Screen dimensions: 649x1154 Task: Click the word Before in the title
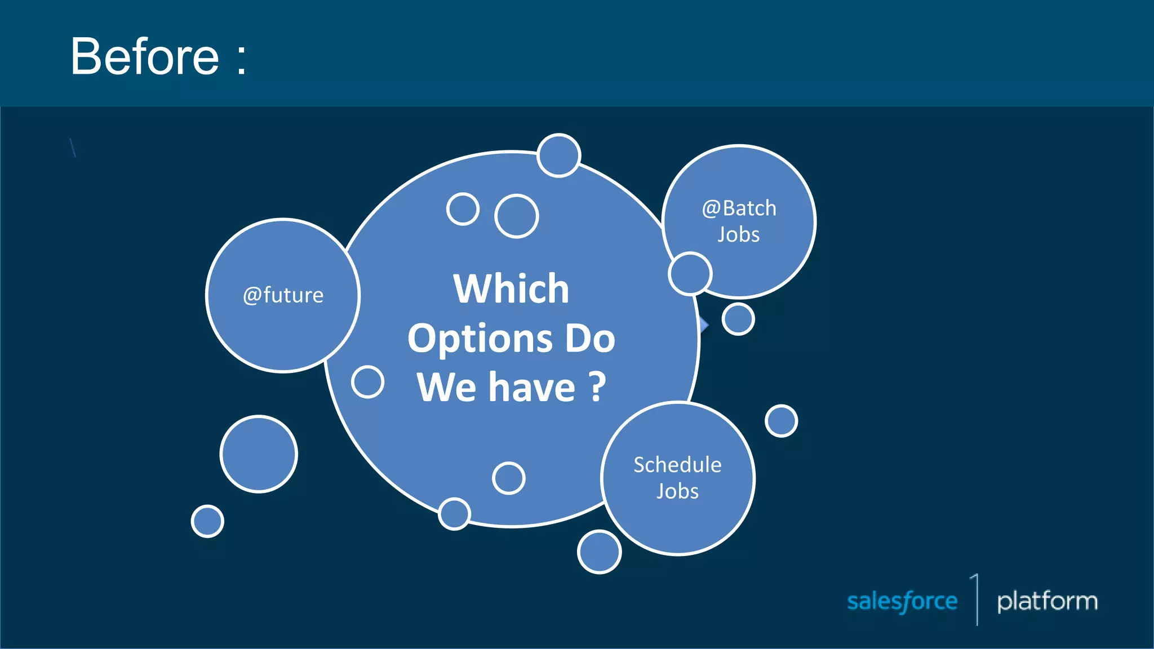pyautogui.click(x=144, y=57)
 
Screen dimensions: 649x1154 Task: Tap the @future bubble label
pyautogui.click(x=283, y=295)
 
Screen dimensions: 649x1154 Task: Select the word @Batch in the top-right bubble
pyautogui.click(x=739, y=208)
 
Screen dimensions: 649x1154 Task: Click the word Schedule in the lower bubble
pyautogui.click(x=677, y=465)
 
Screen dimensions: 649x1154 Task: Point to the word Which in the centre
pyautogui.click(x=511, y=289)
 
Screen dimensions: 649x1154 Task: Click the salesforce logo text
pyautogui.click(x=902, y=602)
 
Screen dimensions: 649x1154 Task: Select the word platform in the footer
pyautogui.click(x=1047, y=601)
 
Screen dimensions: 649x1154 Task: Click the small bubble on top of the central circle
pyautogui.click(x=558, y=155)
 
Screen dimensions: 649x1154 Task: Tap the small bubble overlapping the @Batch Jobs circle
pyautogui.click(x=690, y=274)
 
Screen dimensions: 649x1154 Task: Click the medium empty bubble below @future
pyautogui.click(x=259, y=454)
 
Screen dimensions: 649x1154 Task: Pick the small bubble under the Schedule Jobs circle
pyautogui.click(x=599, y=552)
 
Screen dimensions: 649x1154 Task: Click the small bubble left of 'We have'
pyautogui.click(x=367, y=382)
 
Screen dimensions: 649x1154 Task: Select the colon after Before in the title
pyautogui.click(x=242, y=59)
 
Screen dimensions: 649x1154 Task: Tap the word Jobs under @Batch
pyautogui.click(x=738, y=235)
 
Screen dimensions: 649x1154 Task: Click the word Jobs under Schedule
pyautogui.click(x=677, y=492)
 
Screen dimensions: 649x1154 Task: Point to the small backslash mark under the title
pyautogui.click(x=73, y=148)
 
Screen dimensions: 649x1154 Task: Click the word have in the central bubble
pyautogui.click(x=532, y=388)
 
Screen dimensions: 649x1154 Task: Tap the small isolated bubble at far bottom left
pyautogui.click(x=207, y=521)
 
